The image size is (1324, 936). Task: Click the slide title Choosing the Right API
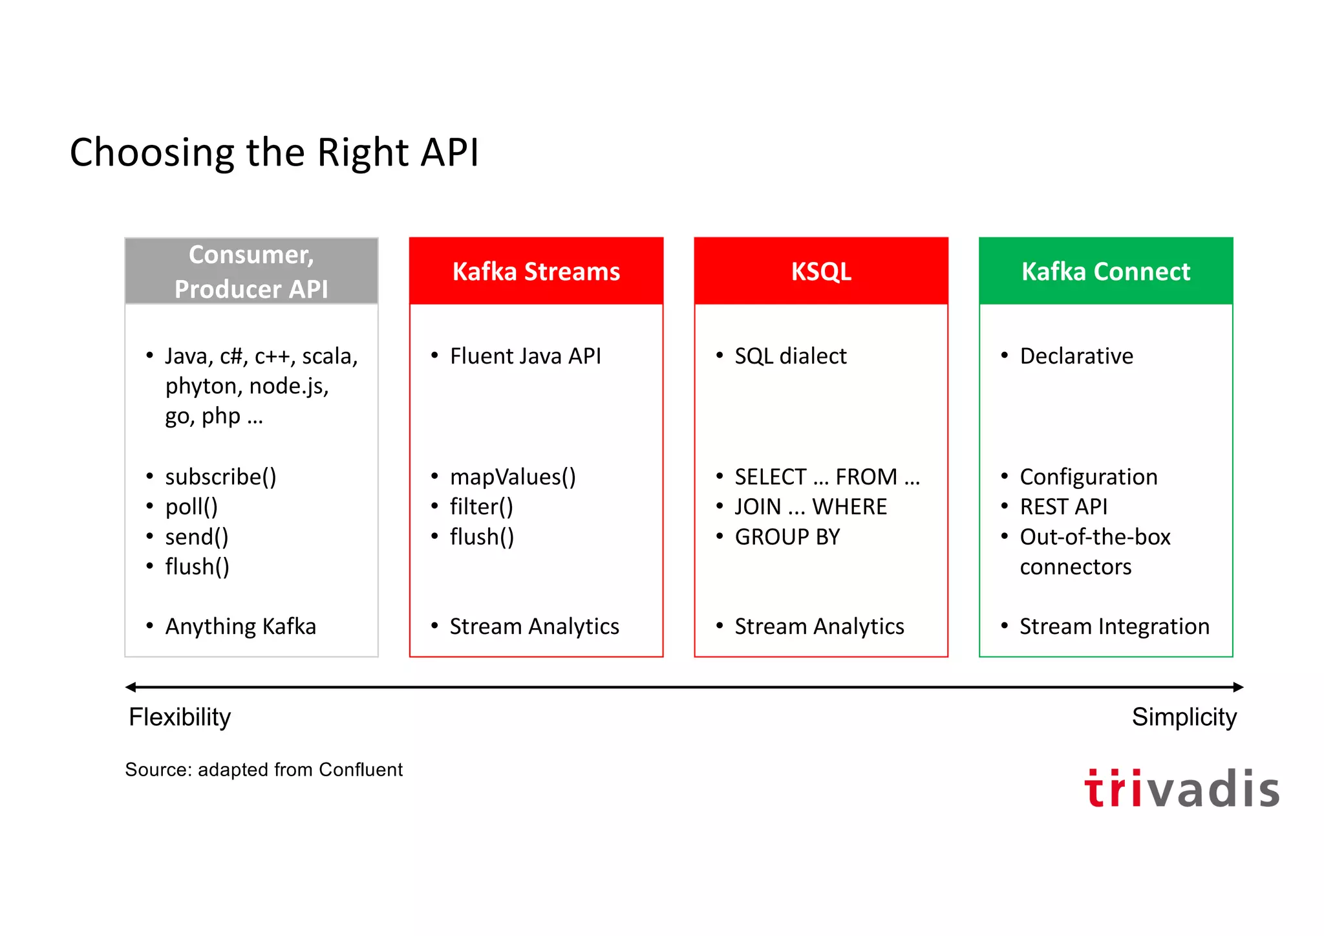point(274,153)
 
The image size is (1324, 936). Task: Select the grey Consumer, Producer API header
point(251,272)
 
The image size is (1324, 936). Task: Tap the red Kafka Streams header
point(536,272)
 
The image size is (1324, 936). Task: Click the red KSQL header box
point(820,272)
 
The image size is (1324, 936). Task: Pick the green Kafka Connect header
point(1105,272)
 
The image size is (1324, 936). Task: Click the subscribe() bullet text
point(220,477)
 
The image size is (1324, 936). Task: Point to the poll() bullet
point(191,506)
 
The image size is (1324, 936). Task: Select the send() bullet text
point(197,537)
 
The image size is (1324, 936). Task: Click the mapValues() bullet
point(513,477)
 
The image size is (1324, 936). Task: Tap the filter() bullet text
point(482,506)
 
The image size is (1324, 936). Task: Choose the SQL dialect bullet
point(790,356)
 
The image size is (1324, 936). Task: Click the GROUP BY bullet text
point(787,537)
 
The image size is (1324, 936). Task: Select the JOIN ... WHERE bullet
point(811,506)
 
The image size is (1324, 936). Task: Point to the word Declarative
point(1076,356)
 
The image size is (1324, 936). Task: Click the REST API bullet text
point(1063,506)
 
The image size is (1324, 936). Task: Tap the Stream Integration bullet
point(1114,626)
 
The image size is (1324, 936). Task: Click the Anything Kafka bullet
point(240,626)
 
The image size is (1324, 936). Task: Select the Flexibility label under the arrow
point(180,717)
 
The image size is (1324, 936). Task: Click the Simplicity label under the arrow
point(1184,717)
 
